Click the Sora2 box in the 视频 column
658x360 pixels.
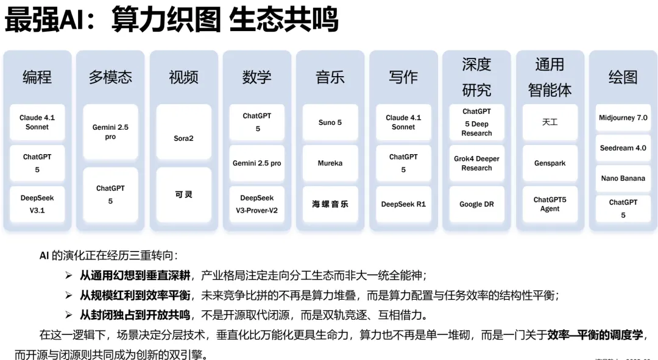tap(183, 138)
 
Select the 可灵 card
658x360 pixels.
tap(183, 195)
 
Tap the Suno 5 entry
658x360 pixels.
tap(330, 122)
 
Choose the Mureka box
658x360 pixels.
tap(330, 163)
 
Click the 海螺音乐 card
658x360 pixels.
tap(330, 204)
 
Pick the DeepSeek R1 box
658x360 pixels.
tap(403, 204)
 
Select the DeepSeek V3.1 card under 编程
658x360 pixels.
tap(37, 204)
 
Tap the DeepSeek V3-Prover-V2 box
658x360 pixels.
tap(256, 204)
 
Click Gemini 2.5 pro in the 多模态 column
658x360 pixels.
tap(110, 132)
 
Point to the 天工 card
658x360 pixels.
tap(550, 122)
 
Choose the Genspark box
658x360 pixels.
tap(550, 163)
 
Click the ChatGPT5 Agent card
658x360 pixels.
tap(550, 204)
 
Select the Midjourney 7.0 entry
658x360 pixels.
tap(623, 118)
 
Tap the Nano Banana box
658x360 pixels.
tap(623, 178)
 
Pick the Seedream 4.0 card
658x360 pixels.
tap(623, 148)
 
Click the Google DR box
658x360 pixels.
tap(476, 204)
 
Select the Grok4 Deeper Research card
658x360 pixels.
tap(476, 163)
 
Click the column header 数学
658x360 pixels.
tap(256, 77)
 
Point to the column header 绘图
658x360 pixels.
tap(623, 77)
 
